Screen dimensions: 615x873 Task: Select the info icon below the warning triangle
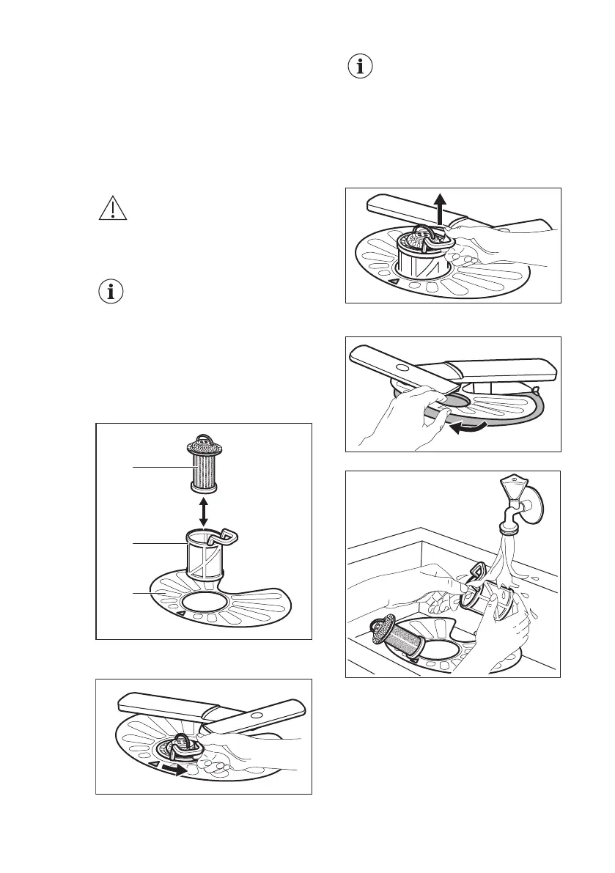click(x=111, y=292)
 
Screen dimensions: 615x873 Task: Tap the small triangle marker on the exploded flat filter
click(x=180, y=611)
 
